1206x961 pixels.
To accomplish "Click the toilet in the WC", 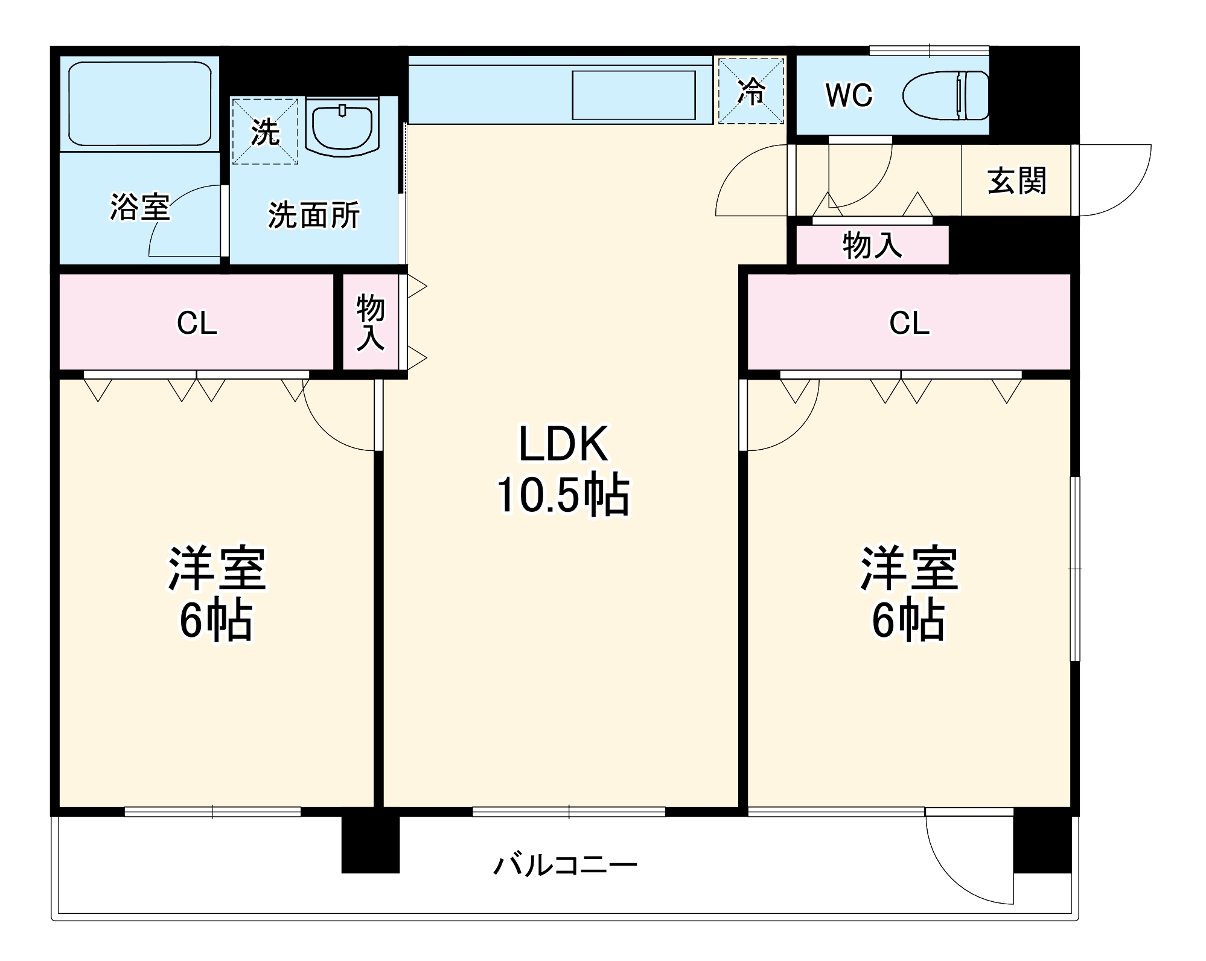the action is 945,95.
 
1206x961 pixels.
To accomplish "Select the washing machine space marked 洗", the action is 265,131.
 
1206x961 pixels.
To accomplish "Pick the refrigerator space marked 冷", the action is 751,91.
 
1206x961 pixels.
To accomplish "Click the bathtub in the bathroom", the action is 140,103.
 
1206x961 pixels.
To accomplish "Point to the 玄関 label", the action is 1016,180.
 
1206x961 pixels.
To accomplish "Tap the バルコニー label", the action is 566,865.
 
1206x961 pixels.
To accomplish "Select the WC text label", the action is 849,95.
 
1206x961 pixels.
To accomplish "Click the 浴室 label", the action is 139,206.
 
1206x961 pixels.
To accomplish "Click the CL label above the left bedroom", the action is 197,323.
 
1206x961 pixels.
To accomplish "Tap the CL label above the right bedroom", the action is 909,323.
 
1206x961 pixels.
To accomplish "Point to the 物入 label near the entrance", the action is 872,245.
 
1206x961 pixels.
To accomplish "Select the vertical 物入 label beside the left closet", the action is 371,322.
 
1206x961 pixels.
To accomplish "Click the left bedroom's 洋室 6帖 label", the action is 217,593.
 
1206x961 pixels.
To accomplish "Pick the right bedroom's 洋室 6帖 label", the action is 909,593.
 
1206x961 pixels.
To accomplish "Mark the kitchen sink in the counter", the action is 634,95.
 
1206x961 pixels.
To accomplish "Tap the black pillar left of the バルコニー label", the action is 371,844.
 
